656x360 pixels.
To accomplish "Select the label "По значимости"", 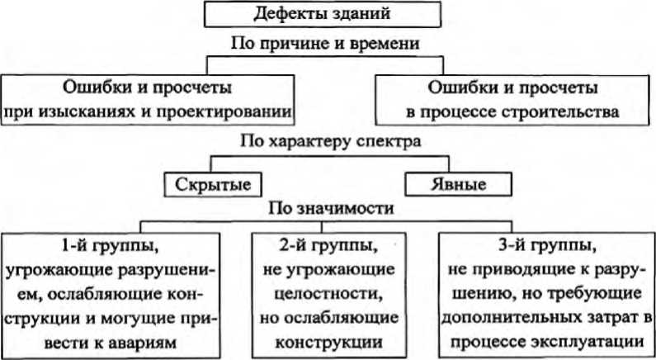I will (330, 208).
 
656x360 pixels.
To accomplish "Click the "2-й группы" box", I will (336, 292).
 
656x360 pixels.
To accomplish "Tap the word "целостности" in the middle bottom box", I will (336, 293).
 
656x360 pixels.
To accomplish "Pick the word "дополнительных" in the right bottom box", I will (504, 317).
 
